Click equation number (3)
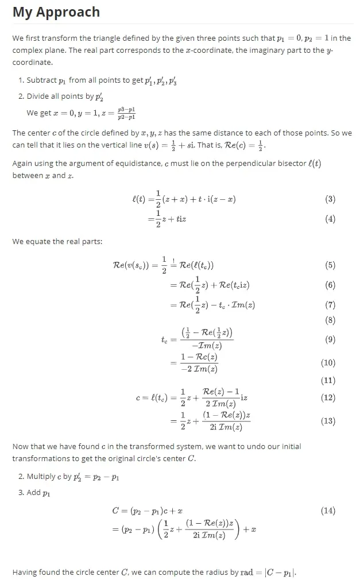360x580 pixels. click(x=330, y=199)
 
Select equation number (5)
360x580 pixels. click(x=330, y=265)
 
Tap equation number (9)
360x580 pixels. click(x=330, y=339)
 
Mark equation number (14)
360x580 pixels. click(x=328, y=511)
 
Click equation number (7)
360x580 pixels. click(x=330, y=304)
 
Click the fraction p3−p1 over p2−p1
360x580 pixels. click(x=126, y=113)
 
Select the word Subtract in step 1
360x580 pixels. click(x=42, y=80)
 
